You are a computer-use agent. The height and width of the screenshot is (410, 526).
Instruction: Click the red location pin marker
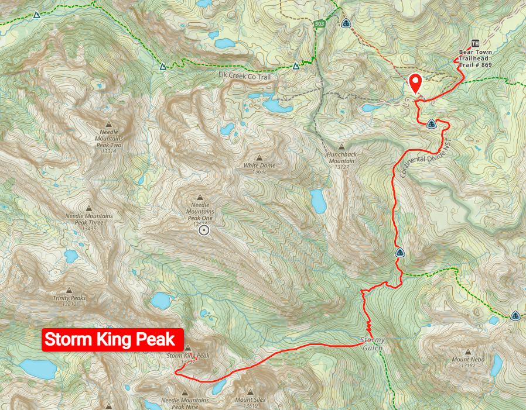click(x=416, y=83)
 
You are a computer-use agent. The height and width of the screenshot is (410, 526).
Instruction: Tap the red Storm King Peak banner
click(x=112, y=339)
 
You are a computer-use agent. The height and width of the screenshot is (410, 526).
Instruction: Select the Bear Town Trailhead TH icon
click(x=475, y=44)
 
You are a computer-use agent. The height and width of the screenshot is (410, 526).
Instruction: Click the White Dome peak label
click(x=259, y=166)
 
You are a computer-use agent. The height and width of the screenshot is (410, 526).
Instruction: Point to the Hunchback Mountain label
click(x=341, y=157)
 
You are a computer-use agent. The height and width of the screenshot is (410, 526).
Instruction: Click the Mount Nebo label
click(x=467, y=359)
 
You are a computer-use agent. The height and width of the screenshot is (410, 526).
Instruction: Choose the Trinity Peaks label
click(x=70, y=298)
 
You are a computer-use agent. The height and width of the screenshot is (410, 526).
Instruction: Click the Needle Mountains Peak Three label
click(x=88, y=219)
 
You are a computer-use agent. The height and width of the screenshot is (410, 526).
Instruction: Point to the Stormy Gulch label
click(x=373, y=344)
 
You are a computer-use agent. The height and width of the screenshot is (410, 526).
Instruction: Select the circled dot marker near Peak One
click(x=204, y=230)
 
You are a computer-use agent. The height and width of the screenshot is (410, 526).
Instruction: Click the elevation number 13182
click(x=467, y=366)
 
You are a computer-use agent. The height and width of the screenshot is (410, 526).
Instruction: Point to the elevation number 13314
click(x=108, y=151)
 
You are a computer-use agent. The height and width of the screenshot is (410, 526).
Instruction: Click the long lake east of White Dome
click(x=318, y=201)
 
